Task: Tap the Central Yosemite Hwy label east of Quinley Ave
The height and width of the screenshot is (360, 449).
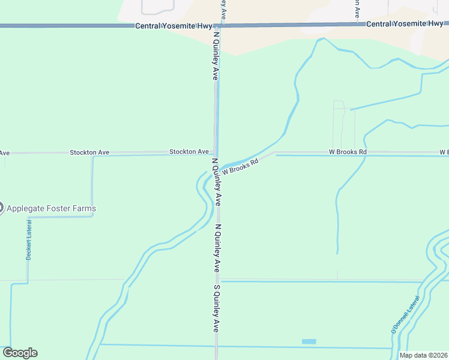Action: (404, 23)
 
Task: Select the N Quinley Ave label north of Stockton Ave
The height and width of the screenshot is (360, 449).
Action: (214, 55)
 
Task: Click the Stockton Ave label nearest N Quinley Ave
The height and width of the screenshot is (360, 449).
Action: (188, 152)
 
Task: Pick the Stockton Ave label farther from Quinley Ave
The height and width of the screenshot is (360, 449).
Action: (89, 152)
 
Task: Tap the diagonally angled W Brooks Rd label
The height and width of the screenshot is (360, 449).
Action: (240, 166)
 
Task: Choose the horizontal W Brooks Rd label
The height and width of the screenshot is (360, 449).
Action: (348, 152)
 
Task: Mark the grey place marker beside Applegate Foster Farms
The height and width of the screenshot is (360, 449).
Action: (1, 208)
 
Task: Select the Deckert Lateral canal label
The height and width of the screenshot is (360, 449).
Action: (28, 239)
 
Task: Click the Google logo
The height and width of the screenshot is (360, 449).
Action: (20, 353)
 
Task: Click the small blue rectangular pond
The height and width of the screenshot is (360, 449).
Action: (309, 341)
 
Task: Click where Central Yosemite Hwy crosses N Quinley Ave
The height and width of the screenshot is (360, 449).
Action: (217, 25)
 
